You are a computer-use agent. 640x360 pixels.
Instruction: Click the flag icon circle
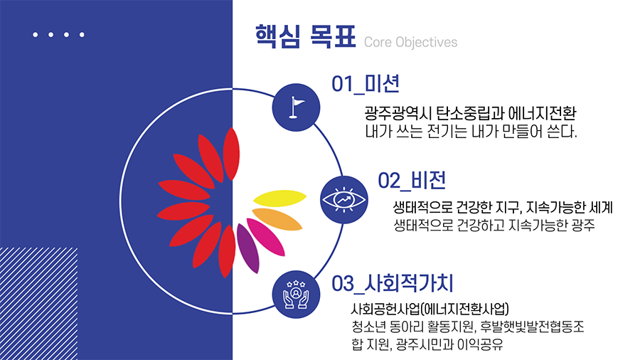point(296,107)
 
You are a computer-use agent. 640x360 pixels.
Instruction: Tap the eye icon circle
point(344,200)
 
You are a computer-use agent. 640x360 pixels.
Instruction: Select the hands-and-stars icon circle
point(296,295)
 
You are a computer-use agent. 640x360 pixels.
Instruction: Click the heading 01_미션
point(366,84)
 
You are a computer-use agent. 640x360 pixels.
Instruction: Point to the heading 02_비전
point(412,181)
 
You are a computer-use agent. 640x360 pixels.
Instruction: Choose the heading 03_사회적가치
point(393,283)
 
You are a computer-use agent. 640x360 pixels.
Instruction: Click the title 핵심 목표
point(305,37)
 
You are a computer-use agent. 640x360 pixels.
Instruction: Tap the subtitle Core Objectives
point(410,42)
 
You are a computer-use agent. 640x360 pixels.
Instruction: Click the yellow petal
point(279,198)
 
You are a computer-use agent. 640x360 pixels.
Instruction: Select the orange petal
point(277,219)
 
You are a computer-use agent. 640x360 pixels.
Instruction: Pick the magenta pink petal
point(266,237)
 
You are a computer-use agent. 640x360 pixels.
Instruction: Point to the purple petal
point(247,248)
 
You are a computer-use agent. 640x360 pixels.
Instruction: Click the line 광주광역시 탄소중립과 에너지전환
point(470,113)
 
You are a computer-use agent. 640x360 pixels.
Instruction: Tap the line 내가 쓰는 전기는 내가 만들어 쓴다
point(471,132)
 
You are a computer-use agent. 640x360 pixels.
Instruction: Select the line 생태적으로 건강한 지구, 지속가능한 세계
point(503,207)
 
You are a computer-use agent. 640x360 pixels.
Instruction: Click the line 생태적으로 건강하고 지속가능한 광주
point(494,225)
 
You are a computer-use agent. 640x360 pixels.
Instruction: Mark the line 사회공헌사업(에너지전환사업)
point(430,309)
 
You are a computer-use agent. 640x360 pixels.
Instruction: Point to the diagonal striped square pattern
point(39,304)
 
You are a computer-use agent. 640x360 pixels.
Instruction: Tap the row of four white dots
point(58,35)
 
